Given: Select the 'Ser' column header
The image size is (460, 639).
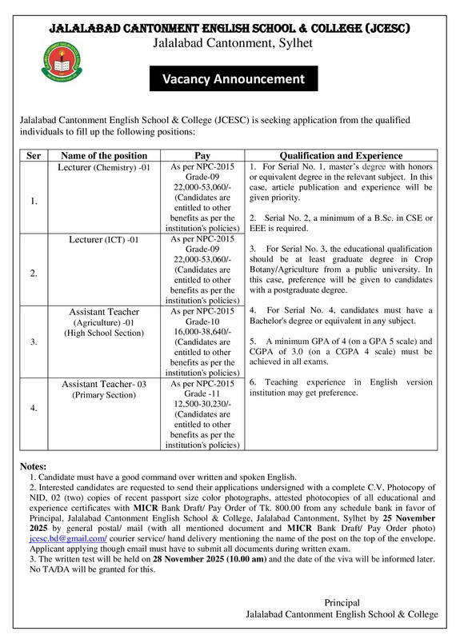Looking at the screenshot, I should tap(34, 155).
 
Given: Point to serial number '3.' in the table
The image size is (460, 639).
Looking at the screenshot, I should tap(34, 341).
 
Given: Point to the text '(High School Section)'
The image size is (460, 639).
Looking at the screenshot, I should tap(104, 332).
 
